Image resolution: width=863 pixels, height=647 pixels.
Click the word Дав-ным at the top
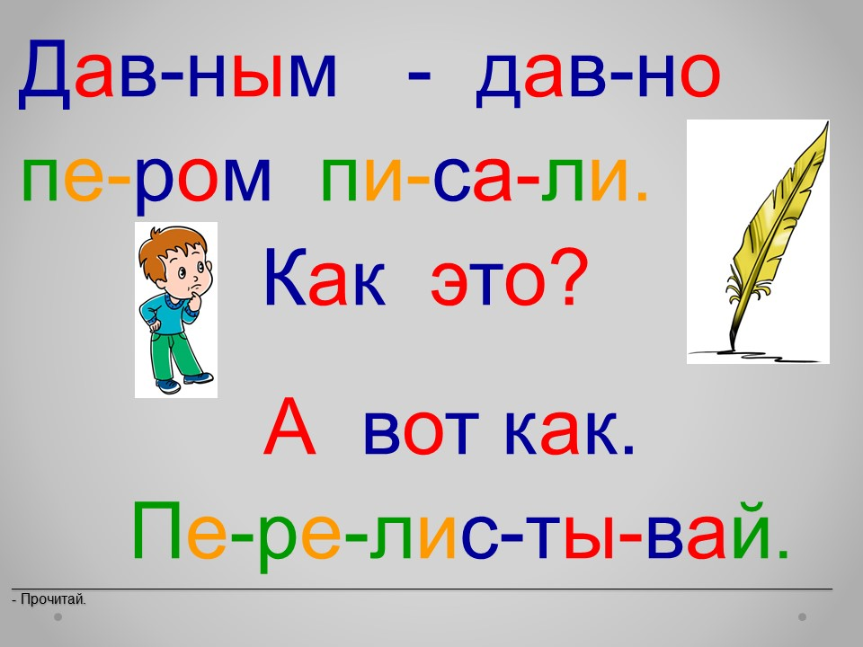(177, 74)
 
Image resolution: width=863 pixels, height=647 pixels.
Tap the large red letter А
(290, 427)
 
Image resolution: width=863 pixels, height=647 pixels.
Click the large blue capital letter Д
(45, 75)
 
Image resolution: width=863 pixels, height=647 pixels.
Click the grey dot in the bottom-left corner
(58, 616)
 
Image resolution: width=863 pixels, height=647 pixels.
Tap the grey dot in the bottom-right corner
(803, 616)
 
